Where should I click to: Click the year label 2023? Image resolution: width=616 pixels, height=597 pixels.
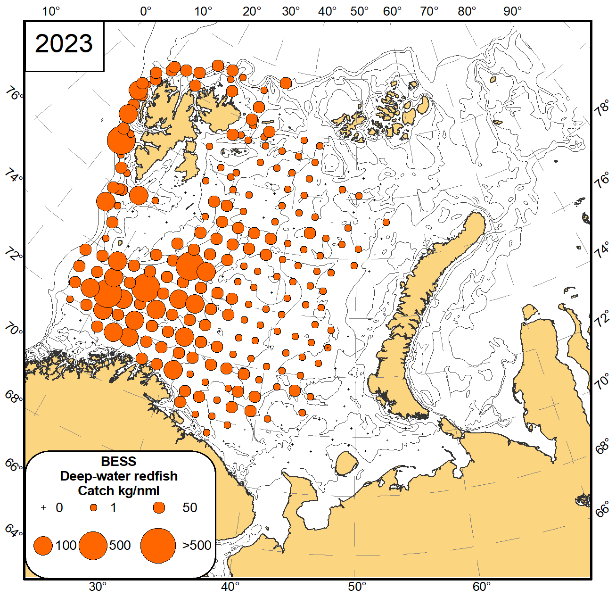64,44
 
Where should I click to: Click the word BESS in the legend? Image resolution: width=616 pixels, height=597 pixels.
118,461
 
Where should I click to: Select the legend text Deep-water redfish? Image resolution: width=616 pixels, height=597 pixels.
119,476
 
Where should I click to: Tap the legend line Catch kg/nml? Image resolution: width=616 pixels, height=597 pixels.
119,490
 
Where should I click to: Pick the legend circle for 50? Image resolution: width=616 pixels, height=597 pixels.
159,507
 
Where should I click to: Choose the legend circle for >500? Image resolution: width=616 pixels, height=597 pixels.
158,546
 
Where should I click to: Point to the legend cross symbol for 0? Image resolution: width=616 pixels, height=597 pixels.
44,508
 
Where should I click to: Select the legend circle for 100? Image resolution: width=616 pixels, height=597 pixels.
43,546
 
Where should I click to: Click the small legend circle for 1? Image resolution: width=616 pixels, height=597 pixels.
94,508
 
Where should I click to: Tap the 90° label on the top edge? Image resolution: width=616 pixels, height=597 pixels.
512,11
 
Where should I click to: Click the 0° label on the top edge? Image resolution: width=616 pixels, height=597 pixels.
146,11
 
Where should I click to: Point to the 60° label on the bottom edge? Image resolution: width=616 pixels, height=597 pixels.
481,587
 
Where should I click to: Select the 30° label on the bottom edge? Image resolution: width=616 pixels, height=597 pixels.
98,587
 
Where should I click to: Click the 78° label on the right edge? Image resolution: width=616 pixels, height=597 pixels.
602,110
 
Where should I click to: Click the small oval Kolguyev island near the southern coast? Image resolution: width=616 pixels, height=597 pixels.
346,463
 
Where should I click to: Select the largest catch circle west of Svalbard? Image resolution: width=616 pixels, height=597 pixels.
121,141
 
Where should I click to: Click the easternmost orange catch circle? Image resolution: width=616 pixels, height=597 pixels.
386,222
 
